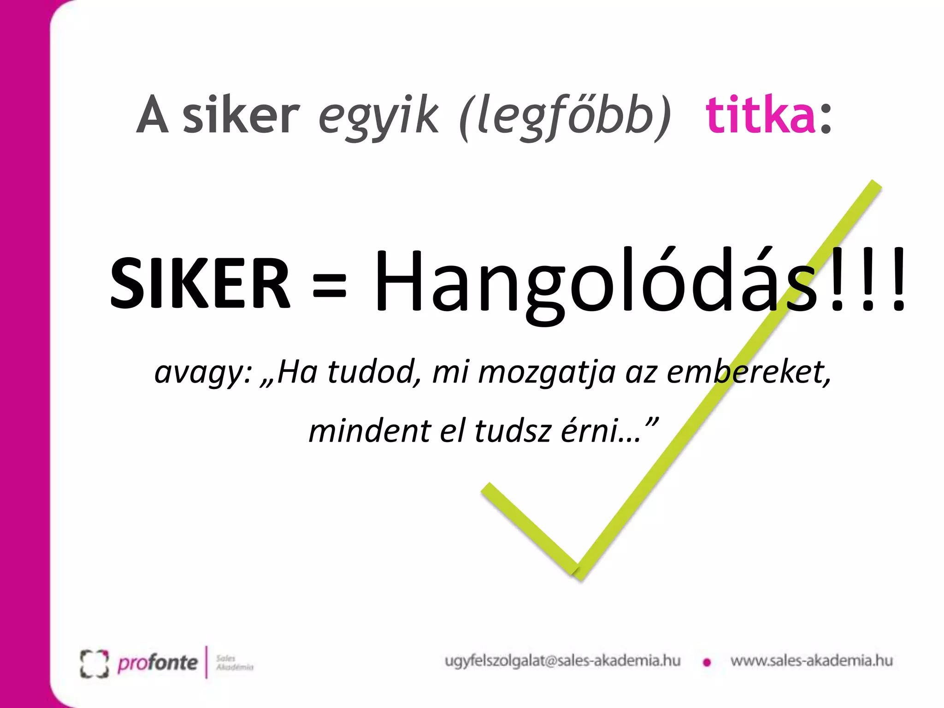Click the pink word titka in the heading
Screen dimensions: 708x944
tap(761, 115)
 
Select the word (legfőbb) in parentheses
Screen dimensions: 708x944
tap(565, 118)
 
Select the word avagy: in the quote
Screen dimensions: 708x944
tap(203, 372)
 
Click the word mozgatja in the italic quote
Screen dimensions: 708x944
tap(547, 372)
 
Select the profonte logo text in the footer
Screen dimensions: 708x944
tap(158, 663)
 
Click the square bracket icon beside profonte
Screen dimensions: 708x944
tap(94, 664)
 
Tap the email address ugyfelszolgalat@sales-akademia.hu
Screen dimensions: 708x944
tap(562, 661)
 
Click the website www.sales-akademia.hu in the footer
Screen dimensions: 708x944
tap(811, 661)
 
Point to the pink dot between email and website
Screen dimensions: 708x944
tap(707, 663)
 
